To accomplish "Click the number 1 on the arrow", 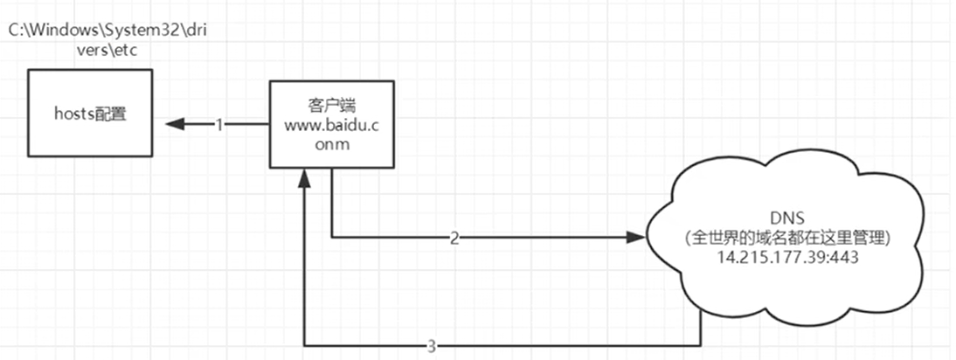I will click(x=220, y=125).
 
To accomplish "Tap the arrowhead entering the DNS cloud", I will click(x=635, y=237).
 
